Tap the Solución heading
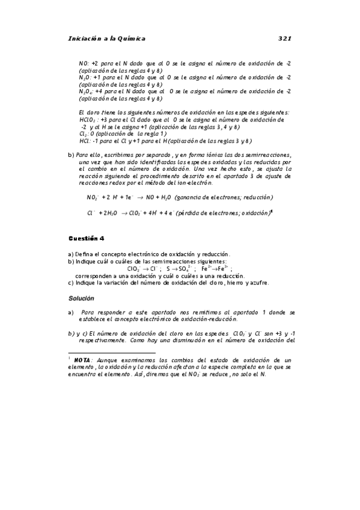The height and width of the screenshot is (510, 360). pyautogui.click(x=82, y=298)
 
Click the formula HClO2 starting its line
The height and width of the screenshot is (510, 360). pyautogui.click(x=88, y=120)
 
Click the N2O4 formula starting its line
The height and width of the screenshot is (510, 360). pyautogui.click(x=86, y=91)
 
